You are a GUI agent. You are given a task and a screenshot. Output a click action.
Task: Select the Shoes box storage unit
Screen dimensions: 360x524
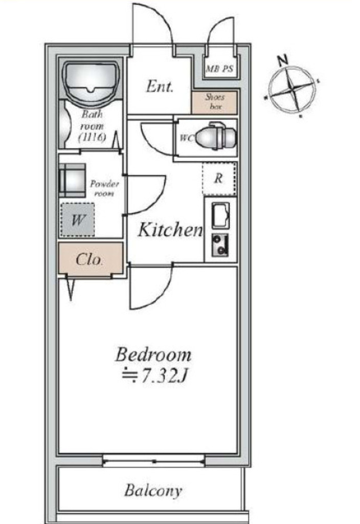(214, 102)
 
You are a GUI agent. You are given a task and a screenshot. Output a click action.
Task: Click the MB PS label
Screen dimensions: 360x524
(219, 69)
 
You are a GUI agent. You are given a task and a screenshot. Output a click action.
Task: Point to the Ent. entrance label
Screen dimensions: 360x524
(160, 86)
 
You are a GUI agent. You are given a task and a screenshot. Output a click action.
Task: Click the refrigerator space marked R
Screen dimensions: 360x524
(219, 179)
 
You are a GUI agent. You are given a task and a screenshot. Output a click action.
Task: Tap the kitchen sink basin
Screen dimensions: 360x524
(220, 215)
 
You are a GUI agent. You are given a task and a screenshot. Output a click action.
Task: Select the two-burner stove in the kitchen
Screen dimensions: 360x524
(220, 245)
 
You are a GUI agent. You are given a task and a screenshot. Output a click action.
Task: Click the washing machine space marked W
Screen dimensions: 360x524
(78, 220)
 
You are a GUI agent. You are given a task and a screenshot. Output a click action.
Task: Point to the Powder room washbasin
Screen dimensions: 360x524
(72, 180)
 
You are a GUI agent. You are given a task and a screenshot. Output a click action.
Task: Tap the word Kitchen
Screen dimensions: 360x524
(170, 230)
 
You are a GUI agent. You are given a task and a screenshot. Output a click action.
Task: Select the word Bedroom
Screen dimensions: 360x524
(153, 355)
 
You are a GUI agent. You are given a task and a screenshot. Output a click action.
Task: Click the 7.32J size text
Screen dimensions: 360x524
(155, 376)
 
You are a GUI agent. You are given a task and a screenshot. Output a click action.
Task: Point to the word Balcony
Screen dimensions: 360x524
(153, 491)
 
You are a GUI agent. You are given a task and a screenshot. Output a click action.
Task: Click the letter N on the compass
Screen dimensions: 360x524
(283, 60)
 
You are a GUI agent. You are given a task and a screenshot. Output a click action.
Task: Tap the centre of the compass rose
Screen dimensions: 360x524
(293, 90)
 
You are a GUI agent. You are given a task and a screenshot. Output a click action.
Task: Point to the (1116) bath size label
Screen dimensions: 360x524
(93, 137)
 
